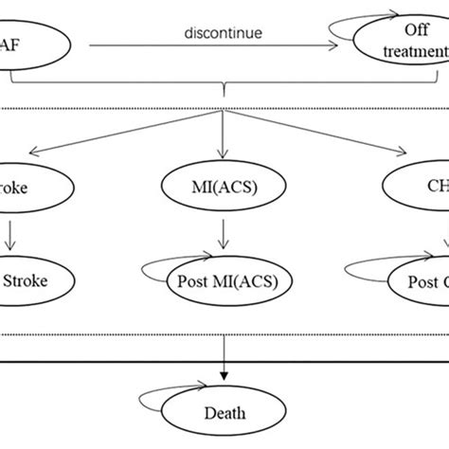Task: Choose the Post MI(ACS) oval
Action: [x=231, y=280]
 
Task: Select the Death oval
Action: [x=224, y=411]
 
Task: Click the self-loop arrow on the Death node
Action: [x=156, y=399]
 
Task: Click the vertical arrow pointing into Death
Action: [x=224, y=365]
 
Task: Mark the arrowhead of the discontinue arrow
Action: [x=342, y=44]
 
